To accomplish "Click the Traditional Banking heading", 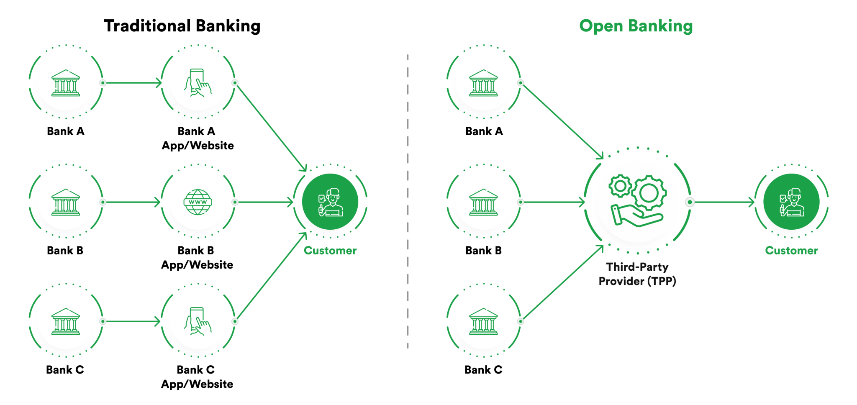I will click(x=182, y=26).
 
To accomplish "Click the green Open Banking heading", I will click(x=636, y=26).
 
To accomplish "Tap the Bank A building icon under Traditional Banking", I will click(x=66, y=83).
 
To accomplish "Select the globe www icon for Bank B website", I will click(x=198, y=202).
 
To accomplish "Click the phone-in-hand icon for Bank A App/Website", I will click(x=198, y=83).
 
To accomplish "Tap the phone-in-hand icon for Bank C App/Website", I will click(x=198, y=321).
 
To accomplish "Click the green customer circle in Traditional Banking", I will click(x=330, y=202).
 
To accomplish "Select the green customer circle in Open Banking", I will click(x=791, y=202).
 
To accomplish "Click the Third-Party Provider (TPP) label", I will click(x=637, y=274).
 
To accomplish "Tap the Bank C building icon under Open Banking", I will click(x=484, y=321).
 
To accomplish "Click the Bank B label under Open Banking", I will click(x=483, y=251).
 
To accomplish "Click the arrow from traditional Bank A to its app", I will click(x=132, y=83).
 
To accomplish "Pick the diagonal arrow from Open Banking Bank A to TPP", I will click(x=562, y=121).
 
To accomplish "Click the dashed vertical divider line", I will click(x=408, y=201).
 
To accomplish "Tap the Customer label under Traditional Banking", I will click(x=330, y=251).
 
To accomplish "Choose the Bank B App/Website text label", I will click(x=197, y=258).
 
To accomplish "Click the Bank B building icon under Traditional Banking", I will click(x=66, y=202).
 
